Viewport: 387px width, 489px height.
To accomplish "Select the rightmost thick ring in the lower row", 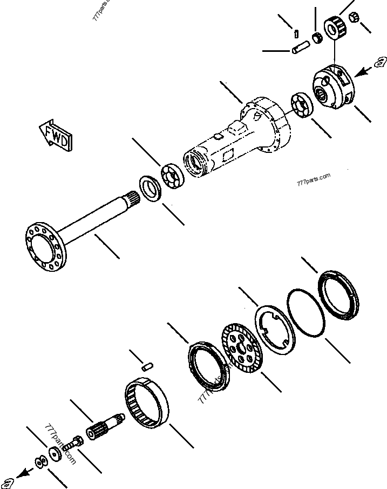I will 338,297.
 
